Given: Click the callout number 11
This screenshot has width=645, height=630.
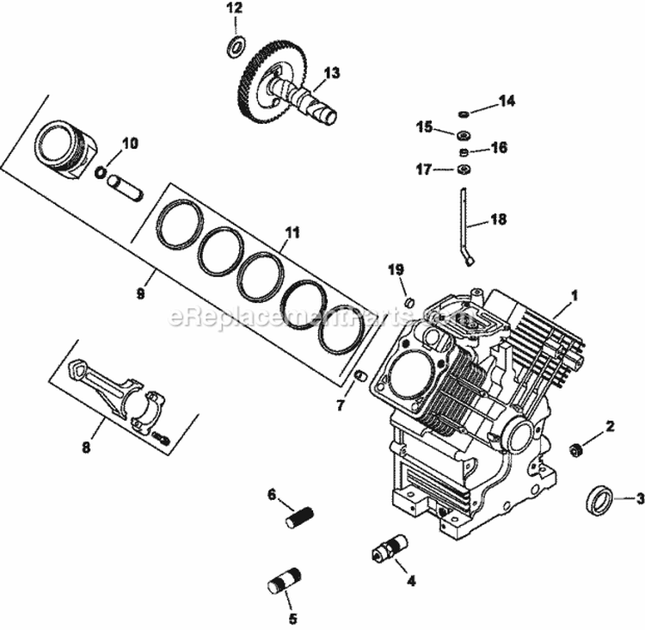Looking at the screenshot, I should pyautogui.click(x=293, y=232).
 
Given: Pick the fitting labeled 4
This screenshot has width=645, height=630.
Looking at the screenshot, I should pyautogui.click(x=391, y=548).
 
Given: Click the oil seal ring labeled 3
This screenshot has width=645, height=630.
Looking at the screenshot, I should pyautogui.click(x=599, y=499).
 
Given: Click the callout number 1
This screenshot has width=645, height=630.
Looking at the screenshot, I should pyautogui.click(x=574, y=294).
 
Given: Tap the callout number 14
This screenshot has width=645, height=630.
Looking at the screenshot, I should pyautogui.click(x=507, y=101).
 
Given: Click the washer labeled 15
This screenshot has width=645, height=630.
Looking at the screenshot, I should pyautogui.click(x=463, y=133).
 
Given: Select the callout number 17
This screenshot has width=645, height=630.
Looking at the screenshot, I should pyautogui.click(x=423, y=170).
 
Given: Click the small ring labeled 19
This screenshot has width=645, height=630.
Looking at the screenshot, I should pyautogui.click(x=410, y=302).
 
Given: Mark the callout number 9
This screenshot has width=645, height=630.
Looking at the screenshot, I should pyautogui.click(x=140, y=293).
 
